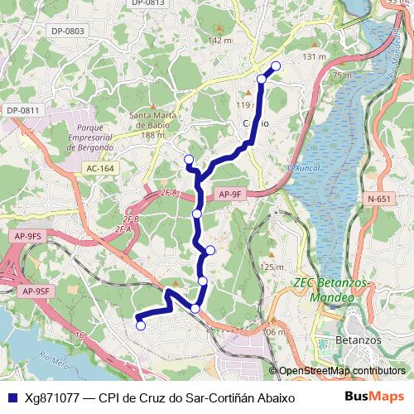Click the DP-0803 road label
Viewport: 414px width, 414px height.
pyautogui.click(x=68, y=31)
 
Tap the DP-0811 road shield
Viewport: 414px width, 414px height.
pyautogui.click(x=22, y=110)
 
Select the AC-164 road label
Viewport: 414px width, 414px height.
pyautogui.click(x=99, y=168)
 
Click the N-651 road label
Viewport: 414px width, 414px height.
pyautogui.click(x=378, y=199)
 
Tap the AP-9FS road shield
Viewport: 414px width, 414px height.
pyautogui.click(x=28, y=237)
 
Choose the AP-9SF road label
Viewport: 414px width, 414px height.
pyautogui.click(x=36, y=291)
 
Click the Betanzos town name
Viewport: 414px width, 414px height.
pyautogui.click(x=359, y=340)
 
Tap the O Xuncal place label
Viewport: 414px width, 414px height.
pyautogui.click(x=302, y=168)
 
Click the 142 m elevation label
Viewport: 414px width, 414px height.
pyautogui.click(x=220, y=41)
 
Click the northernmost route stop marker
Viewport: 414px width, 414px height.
pyautogui.click(x=276, y=66)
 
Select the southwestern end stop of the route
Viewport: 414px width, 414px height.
pyautogui.click(x=141, y=325)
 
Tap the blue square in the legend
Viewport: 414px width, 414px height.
pyautogui.click(x=12, y=397)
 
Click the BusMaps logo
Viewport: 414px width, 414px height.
pyautogui.click(x=372, y=397)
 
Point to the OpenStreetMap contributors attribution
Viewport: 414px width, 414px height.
pyautogui.click(x=341, y=371)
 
